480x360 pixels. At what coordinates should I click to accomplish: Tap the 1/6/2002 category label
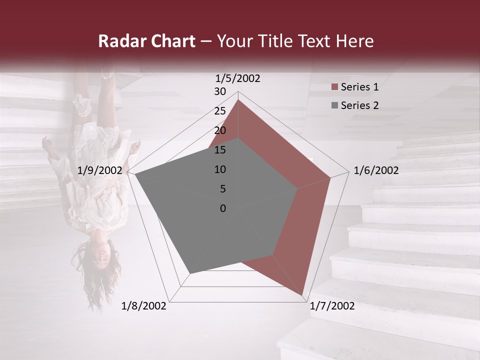click(x=376, y=170)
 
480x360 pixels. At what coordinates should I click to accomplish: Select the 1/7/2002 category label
click(x=332, y=306)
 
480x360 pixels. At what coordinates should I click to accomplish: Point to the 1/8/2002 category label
click(x=144, y=306)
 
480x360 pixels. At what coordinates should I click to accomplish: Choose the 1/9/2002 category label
click(x=100, y=170)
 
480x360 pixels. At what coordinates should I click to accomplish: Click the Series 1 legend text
click(x=359, y=87)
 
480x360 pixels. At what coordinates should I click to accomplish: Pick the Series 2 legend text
click(x=359, y=105)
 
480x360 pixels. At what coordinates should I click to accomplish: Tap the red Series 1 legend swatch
click(x=334, y=87)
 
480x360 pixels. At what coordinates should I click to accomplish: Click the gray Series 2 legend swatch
click(x=334, y=106)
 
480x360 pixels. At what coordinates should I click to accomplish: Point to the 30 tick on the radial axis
click(x=220, y=91)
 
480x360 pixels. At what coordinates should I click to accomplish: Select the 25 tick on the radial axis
click(x=220, y=111)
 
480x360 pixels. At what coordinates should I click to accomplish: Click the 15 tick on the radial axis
click(x=220, y=150)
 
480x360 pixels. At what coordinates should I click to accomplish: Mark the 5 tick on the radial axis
click(x=223, y=189)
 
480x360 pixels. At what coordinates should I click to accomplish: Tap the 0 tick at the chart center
click(x=223, y=208)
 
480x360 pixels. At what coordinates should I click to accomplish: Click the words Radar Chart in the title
click(x=146, y=41)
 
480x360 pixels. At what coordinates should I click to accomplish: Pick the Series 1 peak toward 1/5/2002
click(x=238, y=100)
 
